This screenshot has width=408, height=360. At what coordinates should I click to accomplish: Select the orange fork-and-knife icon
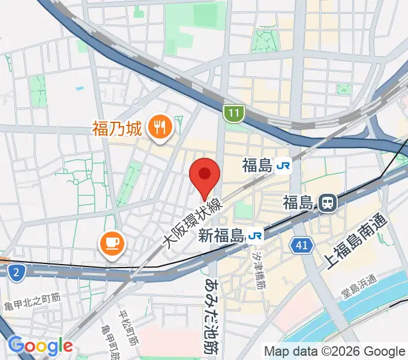tap(160, 127)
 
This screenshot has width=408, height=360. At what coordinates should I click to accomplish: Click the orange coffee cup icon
tap(112, 243)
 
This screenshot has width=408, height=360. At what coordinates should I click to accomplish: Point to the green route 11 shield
tap(233, 112)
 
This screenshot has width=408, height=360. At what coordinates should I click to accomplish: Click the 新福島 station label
tap(221, 236)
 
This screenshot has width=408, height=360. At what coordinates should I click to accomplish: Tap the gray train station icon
tap(328, 203)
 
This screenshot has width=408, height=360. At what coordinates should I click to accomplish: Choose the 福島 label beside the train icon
tap(299, 202)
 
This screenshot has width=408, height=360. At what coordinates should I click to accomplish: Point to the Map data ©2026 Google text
tap(335, 352)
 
